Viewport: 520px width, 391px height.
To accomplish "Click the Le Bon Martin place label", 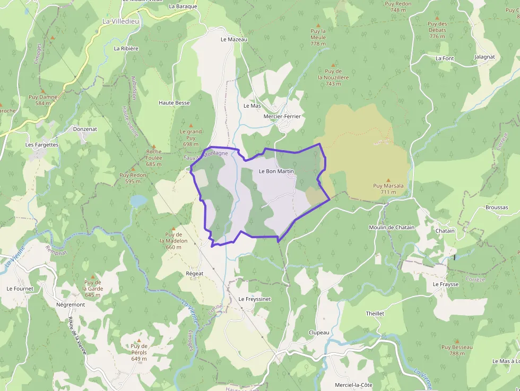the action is [276, 171].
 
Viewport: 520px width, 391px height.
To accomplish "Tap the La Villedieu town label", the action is [120, 21].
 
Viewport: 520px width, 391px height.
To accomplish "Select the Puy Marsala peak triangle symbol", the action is [388, 180].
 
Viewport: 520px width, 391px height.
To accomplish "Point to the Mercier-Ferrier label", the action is [282, 116].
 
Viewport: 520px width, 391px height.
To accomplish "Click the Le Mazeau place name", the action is [234, 39].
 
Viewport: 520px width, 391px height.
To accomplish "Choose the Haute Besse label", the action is [174, 102].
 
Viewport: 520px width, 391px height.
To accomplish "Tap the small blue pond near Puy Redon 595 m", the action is [138, 201].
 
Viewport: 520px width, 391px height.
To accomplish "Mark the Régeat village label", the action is [195, 273].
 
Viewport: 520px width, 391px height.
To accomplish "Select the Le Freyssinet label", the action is [255, 299].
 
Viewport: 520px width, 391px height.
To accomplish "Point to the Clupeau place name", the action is [319, 333].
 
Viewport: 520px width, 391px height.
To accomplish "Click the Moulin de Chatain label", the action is [392, 228].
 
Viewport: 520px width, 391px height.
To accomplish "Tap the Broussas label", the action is [497, 207].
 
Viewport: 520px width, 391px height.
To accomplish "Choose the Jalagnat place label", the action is [485, 57].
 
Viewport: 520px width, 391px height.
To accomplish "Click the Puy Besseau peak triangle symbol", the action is [456, 341].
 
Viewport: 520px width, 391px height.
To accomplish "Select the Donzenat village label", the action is [85, 129].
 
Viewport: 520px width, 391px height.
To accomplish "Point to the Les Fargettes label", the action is [42, 144].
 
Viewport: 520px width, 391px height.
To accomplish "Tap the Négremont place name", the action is [71, 305].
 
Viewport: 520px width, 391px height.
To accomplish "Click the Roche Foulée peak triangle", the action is [154, 146].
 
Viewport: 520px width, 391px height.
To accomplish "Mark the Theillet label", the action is [375, 314].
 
